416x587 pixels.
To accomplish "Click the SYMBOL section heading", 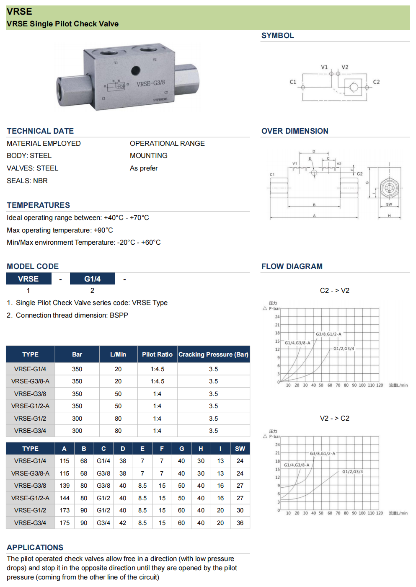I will (x=277, y=36).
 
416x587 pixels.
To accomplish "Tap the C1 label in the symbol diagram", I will (x=293, y=82).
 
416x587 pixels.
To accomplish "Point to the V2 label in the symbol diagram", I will (x=345, y=67).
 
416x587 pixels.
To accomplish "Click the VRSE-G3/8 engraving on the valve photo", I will (x=150, y=83).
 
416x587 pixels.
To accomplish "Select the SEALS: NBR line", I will (x=27, y=181).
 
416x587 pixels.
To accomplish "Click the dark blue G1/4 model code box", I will (x=92, y=279).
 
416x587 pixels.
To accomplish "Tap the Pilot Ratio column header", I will (x=157, y=354).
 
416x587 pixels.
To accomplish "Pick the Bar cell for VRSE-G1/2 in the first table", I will (x=77, y=419).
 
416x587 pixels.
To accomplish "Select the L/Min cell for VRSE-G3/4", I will (x=118, y=431).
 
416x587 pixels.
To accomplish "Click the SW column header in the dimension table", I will (x=240, y=449).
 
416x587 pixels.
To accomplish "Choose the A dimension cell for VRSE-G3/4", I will (x=65, y=523).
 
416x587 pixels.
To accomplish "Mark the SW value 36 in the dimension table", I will (x=240, y=523).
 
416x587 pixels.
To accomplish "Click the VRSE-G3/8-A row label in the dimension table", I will (x=30, y=473).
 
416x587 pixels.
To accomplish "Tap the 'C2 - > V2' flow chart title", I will (x=334, y=291).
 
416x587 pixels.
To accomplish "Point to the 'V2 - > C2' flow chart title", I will (x=334, y=419).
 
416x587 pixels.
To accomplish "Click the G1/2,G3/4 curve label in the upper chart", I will (x=344, y=349).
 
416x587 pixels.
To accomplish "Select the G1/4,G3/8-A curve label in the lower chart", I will (x=297, y=465).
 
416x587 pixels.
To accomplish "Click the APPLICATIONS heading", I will (x=35, y=548).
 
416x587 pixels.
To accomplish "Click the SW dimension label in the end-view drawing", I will (x=389, y=204).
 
